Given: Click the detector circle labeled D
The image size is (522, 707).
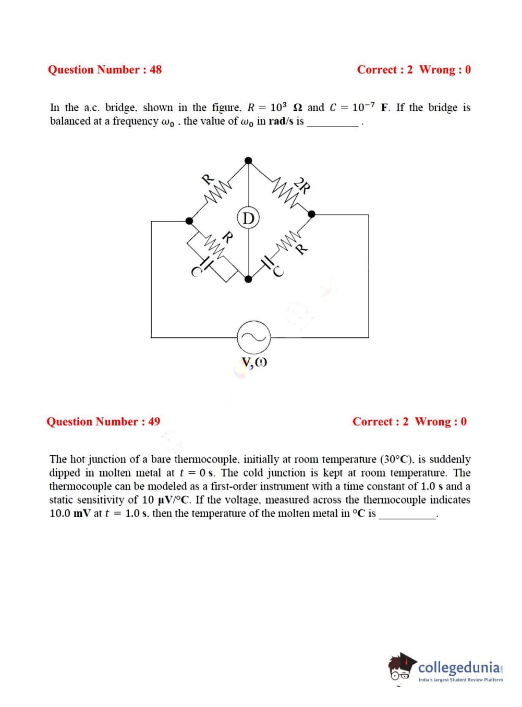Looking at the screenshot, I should pyautogui.click(x=249, y=218).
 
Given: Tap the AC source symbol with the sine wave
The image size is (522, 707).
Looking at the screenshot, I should pyautogui.click(x=254, y=337).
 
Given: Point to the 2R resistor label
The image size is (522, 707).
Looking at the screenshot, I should pyautogui.click(x=302, y=185).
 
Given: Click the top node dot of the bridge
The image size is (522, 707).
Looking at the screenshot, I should pyautogui.click(x=249, y=160).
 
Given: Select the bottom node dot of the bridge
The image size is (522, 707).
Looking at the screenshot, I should pyautogui.click(x=249, y=279).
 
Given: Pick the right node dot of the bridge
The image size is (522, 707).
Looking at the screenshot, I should pyautogui.click(x=312, y=214).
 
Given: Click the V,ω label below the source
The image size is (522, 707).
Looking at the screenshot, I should pyautogui.click(x=254, y=363).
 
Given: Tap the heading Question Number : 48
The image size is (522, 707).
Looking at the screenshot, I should pyautogui.click(x=105, y=70).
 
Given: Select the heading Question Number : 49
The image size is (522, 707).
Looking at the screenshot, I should pyautogui.click(x=103, y=422).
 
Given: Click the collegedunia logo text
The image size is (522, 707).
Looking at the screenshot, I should pyautogui.click(x=459, y=667).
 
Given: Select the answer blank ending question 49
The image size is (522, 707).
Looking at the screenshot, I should pyautogui.click(x=407, y=515).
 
